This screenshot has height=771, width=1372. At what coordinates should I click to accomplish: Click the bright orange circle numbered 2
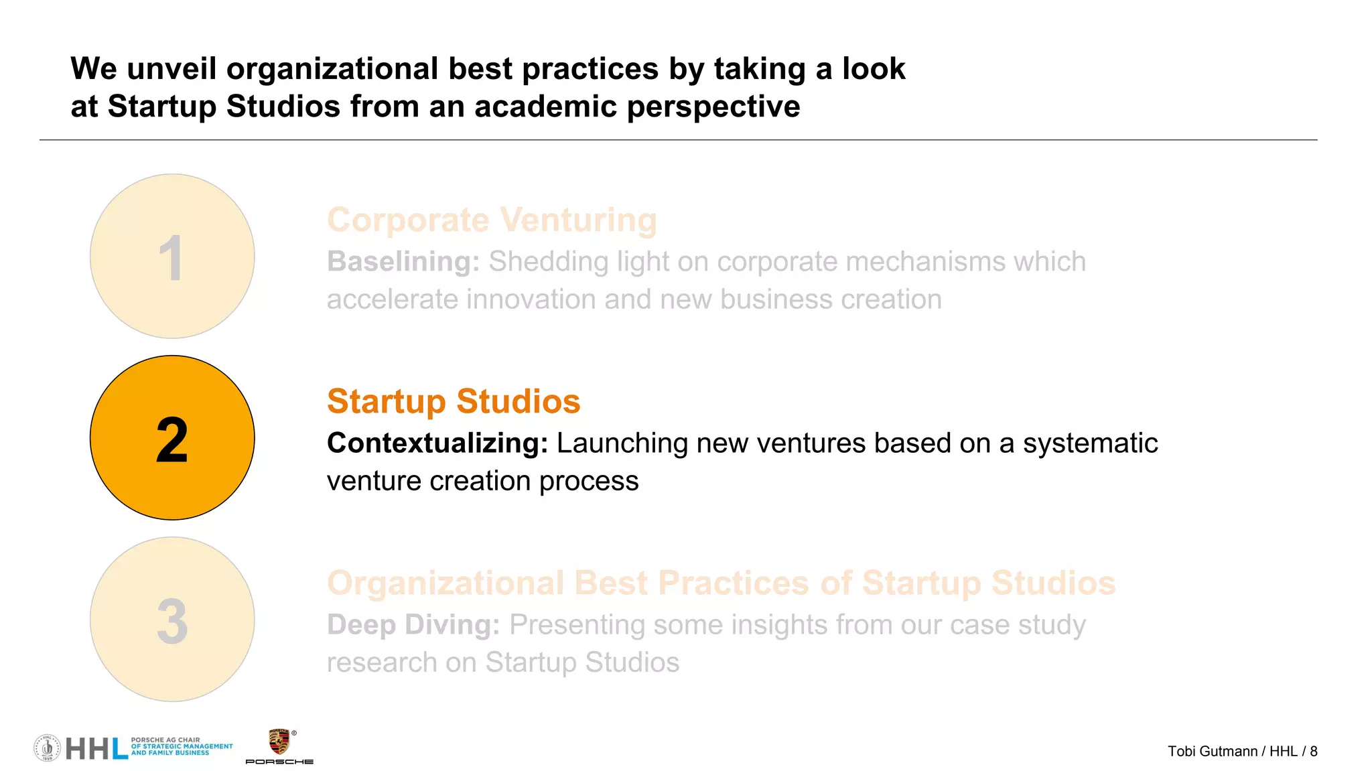(172, 437)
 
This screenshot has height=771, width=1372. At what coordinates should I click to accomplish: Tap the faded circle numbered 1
(172, 256)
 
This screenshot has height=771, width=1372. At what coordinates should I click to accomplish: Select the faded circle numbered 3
(172, 619)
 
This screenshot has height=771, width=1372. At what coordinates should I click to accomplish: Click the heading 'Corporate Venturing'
(492, 220)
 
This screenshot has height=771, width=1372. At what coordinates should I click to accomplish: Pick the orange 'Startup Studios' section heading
(454, 401)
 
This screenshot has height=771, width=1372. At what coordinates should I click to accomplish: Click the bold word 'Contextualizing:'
(437, 443)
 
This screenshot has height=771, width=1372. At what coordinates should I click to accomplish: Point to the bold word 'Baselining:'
(403, 262)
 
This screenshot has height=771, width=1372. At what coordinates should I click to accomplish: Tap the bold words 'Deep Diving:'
(413, 625)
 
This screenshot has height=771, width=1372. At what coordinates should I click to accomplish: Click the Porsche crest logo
(279, 742)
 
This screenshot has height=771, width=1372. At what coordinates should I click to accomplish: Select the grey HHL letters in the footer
(96, 748)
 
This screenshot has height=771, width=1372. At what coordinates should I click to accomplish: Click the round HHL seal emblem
(47, 748)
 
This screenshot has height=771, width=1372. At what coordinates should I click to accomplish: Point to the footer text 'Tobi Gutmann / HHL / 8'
(1242, 752)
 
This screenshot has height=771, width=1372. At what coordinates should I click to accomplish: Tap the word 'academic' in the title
(545, 107)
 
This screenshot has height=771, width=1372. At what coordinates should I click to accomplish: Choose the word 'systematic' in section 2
(1090, 443)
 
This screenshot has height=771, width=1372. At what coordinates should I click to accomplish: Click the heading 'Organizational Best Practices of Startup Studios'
(721, 583)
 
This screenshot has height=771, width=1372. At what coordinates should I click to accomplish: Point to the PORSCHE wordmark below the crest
(279, 762)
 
